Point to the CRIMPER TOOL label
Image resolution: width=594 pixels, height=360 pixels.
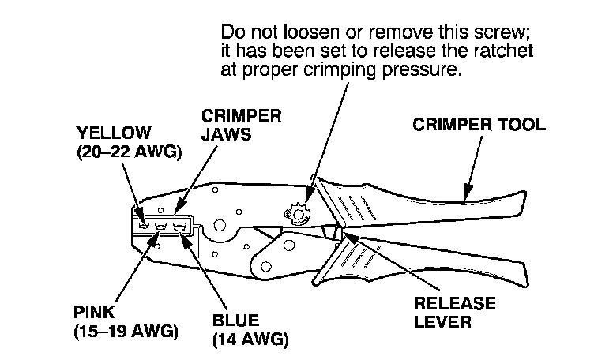tap(480, 125)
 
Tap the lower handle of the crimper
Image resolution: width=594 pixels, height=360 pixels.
tap(442, 261)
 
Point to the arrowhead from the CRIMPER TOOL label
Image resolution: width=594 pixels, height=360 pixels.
tap(466, 193)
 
